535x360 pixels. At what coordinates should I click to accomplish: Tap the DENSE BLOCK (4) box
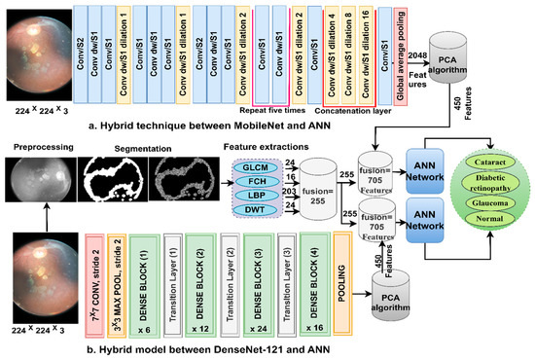click(313, 282)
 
